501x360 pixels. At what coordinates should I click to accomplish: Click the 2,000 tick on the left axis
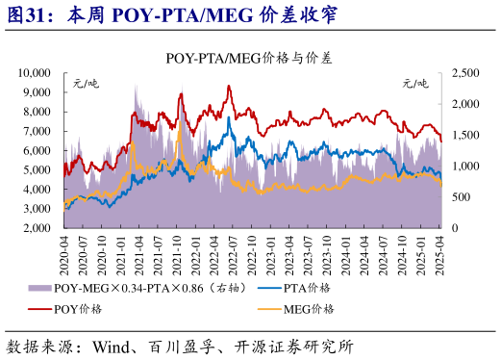[38, 229]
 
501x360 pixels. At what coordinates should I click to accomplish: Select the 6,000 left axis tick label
[38, 151]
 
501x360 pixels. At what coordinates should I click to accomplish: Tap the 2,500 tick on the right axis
[463, 73]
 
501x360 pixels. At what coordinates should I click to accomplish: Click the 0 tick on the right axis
[452, 229]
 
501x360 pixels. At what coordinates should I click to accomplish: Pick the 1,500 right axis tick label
[463, 136]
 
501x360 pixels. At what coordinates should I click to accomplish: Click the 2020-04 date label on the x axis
[63, 253]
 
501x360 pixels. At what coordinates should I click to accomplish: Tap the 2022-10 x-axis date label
[253, 253]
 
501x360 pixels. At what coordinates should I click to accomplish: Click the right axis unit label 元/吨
[415, 85]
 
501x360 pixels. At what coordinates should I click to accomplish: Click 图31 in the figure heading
[28, 16]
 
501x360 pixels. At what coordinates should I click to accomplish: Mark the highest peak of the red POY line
[229, 87]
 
